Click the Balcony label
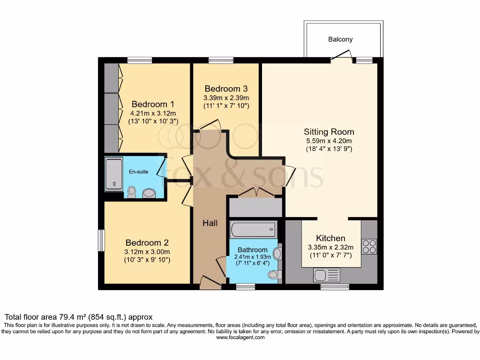340,39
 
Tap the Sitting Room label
329,132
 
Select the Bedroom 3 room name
226,89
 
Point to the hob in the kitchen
369,247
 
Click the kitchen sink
326,275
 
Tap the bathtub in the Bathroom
253,230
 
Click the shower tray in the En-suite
113,174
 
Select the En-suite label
138,172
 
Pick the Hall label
210,223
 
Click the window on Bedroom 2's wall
101,240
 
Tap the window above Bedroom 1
140,60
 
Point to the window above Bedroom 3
221,60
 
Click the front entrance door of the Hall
210,283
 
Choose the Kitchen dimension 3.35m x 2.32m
330,247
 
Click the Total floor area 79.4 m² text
78,317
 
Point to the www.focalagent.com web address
240,337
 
